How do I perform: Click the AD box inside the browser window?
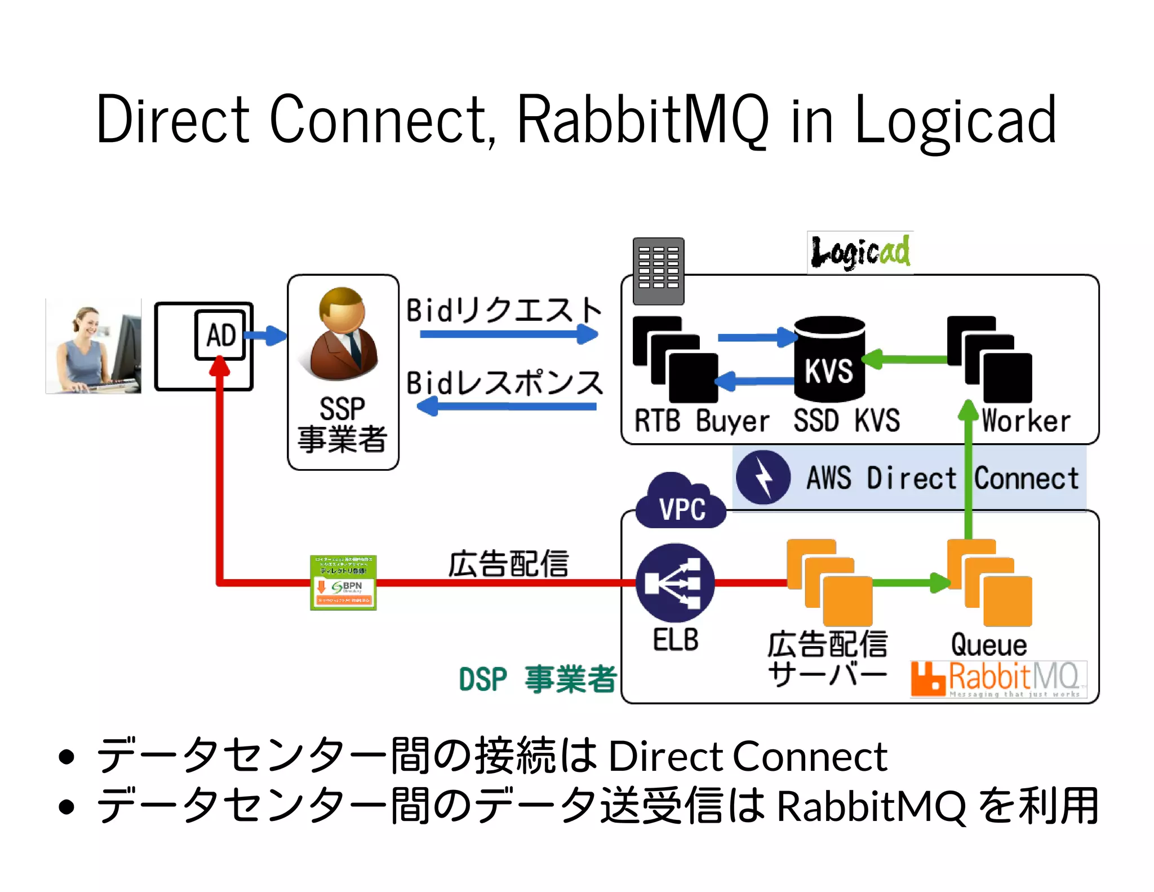click(x=220, y=335)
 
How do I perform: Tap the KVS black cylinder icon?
click(x=829, y=359)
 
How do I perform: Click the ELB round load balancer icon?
click(x=675, y=583)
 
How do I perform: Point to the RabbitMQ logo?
click(x=998, y=679)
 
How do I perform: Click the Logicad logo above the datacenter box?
click(x=860, y=252)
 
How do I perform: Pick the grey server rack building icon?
click(x=658, y=271)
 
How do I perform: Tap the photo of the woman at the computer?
click(x=94, y=346)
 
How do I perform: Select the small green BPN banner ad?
click(x=343, y=582)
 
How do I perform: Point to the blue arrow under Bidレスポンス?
click(x=507, y=406)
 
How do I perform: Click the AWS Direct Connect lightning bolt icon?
click(x=764, y=477)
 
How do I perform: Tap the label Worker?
click(x=1026, y=421)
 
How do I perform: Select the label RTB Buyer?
click(x=702, y=421)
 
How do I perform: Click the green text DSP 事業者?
click(x=538, y=679)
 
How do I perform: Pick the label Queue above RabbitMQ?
click(x=989, y=644)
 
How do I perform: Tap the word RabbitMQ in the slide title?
click(x=642, y=120)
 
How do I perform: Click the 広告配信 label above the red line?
click(x=508, y=563)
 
